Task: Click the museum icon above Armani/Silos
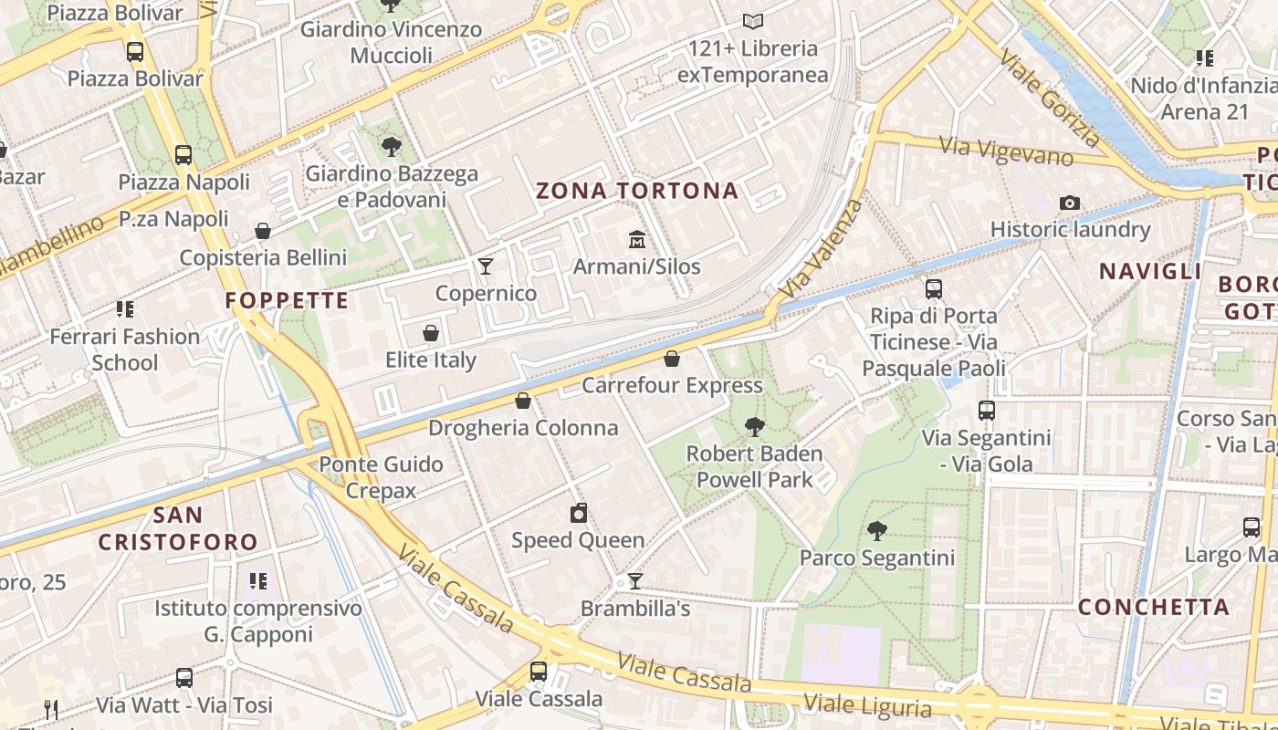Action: point(636,240)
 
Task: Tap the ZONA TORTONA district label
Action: point(636,191)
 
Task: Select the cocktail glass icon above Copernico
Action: point(486,266)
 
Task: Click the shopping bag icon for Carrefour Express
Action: point(672,359)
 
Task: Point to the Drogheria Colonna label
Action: point(523,428)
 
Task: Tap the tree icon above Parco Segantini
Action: point(876,530)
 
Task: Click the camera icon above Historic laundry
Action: point(1070,203)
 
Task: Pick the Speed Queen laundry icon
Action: point(578,513)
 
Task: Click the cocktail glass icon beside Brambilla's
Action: point(635,581)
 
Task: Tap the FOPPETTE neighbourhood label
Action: point(287,300)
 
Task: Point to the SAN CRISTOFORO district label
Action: point(178,529)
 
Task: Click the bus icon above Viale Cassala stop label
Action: point(539,672)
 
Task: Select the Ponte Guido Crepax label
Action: point(381,477)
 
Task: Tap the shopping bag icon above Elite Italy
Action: point(431,333)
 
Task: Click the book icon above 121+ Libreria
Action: point(752,21)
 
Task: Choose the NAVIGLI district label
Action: point(1150,271)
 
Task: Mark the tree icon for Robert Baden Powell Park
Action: point(754,426)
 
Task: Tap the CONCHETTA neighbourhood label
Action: point(1154,607)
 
